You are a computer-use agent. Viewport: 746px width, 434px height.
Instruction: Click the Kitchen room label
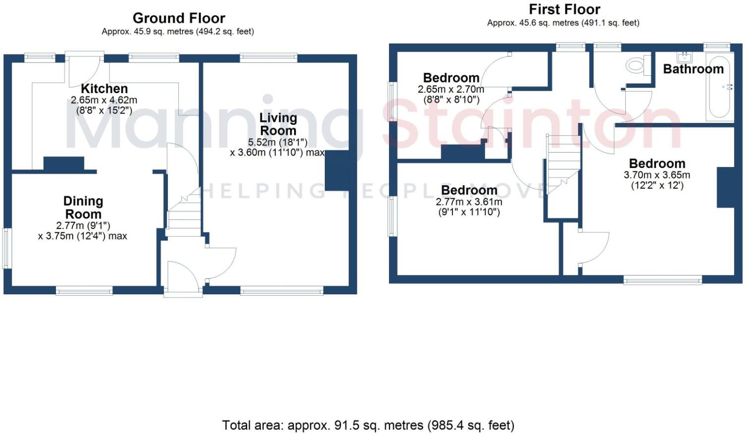pyautogui.click(x=104, y=89)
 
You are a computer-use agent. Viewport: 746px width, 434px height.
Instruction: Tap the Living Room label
pyautogui.click(x=278, y=124)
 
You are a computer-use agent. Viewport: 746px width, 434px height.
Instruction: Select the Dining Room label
pyautogui.click(x=83, y=208)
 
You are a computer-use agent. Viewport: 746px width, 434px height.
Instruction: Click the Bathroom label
pyautogui.click(x=693, y=69)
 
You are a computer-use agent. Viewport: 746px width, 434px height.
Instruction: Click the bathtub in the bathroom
pyautogui.click(x=720, y=94)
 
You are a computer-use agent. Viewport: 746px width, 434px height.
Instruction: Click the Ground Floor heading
pyautogui.click(x=179, y=18)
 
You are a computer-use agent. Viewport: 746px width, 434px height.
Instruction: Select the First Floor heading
pyautogui.click(x=564, y=9)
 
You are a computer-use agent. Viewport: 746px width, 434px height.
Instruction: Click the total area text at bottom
pyautogui.click(x=368, y=425)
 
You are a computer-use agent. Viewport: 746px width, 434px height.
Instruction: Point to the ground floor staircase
pyautogui.click(x=184, y=213)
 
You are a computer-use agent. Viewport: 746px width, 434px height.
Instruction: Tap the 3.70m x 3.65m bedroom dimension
pyautogui.click(x=656, y=175)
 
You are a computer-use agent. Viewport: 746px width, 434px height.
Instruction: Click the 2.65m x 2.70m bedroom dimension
pyautogui.click(x=450, y=89)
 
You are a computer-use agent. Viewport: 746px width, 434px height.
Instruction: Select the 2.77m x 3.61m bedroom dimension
pyautogui.click(x=468, y=202)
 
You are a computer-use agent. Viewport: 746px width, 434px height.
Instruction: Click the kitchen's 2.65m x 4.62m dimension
pyautogui.click(x=104, y=100)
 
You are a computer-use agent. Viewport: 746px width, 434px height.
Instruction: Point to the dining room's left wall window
pyautogui.click(x=6, y=248)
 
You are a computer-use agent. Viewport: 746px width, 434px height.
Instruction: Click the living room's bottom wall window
pyautogui.click(x=282, y=291)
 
